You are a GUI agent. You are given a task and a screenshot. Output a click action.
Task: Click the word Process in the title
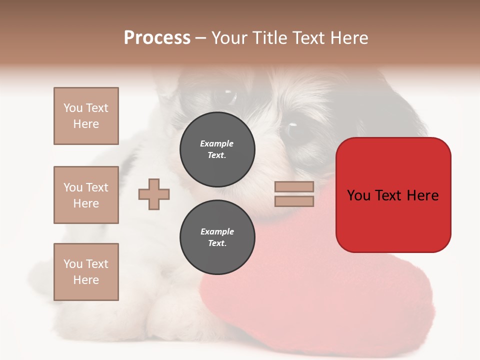(x=157, y=37)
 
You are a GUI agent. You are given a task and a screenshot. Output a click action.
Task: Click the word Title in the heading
(x=270, y=37)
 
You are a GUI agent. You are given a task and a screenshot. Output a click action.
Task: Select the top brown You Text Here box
(x=86, y=116)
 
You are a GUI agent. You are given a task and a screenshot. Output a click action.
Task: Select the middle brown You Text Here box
(x=86, y=195)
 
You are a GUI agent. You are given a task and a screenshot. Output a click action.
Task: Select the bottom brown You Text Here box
(x=86, y=272)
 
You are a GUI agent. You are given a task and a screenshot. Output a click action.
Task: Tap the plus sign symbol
(x=154, y=194)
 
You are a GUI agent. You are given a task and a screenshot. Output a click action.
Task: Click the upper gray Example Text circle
(x=217, y=149)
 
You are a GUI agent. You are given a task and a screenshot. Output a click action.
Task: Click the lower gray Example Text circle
(x=217, y=237)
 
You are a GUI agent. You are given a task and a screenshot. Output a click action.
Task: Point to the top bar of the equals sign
(x=294, y=186)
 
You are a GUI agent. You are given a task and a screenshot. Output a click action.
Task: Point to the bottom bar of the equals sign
(x=294, y=201)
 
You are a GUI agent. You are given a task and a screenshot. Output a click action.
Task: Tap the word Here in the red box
(x=422, y=195)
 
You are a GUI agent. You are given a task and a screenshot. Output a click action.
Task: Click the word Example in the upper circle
(x=217, y=143)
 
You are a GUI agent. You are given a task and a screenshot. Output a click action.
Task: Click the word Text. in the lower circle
(x=217, y=243)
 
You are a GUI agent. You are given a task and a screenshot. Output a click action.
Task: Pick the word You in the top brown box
(x=72, y=108)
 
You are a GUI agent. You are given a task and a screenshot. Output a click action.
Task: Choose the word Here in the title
(x=348, y=37)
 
